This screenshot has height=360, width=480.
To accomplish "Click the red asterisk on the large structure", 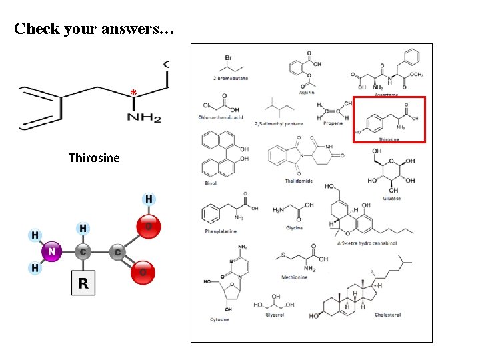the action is pos(133,92).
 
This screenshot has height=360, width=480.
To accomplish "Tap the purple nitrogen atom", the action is pos(52,252).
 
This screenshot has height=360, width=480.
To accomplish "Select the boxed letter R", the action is pos(83,283).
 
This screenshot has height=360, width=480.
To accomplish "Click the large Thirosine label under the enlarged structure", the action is pos(94,158).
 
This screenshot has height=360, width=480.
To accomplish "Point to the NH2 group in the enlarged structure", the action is pos(144,117).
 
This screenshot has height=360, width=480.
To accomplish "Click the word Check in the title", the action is pos(38,29).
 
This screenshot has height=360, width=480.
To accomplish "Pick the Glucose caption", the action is pos(392,198).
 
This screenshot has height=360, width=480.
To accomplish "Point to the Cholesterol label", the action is pos(388,315).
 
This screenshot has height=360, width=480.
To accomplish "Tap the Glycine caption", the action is pos(294,227).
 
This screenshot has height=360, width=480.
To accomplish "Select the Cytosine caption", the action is pos(219,319).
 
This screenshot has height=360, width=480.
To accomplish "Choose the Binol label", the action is pos(211,182).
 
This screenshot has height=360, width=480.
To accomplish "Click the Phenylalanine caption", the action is pos(221,231).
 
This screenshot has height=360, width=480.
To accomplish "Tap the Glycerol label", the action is pos(275,315).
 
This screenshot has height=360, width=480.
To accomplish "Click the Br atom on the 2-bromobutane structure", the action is pos(228,57).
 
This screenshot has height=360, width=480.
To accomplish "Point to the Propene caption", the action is pos(332,123).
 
